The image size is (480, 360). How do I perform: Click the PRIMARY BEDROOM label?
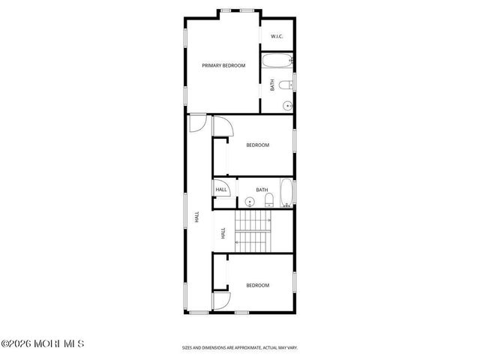(223, 66)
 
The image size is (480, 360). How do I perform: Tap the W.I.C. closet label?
(276, 36)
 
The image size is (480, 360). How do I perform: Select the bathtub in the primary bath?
(278, 60)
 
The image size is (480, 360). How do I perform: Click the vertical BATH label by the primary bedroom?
(272, 85)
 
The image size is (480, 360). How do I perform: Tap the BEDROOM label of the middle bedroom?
(257, 145)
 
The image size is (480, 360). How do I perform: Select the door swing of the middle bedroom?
(222, 127)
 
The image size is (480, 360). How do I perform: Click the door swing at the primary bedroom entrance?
(196, 122)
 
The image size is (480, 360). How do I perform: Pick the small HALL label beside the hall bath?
(221, 190)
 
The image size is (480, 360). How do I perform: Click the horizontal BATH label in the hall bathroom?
(262, 190)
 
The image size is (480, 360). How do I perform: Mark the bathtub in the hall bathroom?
(286, 193)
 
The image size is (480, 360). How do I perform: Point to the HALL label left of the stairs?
(223, 233)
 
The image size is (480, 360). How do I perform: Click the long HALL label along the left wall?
(196, 217)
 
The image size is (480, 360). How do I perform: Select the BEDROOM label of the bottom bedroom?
(257, 285)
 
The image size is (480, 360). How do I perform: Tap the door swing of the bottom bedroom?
(221, 300)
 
